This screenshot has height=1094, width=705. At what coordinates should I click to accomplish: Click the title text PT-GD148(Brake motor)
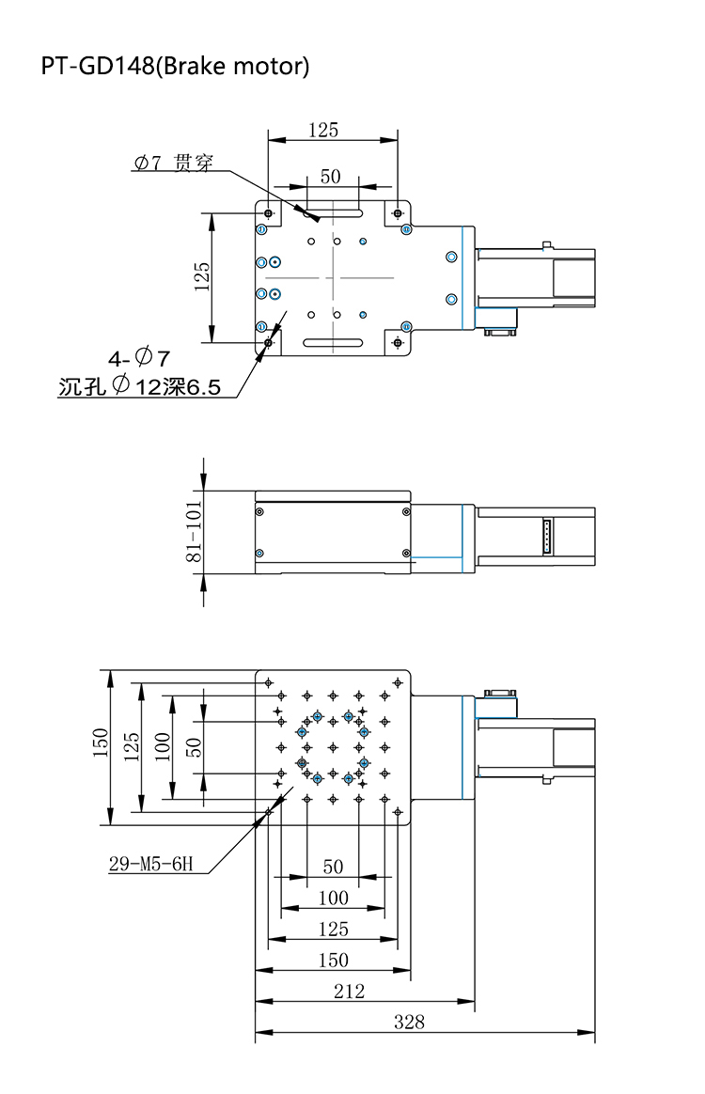tap(175, 67)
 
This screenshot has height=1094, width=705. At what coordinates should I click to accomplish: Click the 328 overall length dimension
tap(409, 1022)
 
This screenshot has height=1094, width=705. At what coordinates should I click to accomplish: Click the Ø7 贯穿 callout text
tap(172, 164)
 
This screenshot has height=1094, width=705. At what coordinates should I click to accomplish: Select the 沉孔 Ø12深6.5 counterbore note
tap(139, 386)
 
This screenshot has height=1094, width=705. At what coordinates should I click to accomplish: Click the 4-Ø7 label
tap(138, 358)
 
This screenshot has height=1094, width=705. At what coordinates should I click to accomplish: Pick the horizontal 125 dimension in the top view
tap(322, 131)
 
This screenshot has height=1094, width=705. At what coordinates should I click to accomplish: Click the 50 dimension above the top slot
tap(330, 176)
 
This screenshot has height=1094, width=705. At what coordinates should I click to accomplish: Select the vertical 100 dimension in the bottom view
tap(162, 746)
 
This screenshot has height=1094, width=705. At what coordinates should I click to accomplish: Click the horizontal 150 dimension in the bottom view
tap(334, 960)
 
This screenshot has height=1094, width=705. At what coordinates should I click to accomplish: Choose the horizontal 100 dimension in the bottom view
tap(333, 898)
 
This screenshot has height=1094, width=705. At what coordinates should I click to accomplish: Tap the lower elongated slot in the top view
tap(334, 342)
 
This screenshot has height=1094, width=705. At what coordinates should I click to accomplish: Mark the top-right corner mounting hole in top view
tap(399, 213)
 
